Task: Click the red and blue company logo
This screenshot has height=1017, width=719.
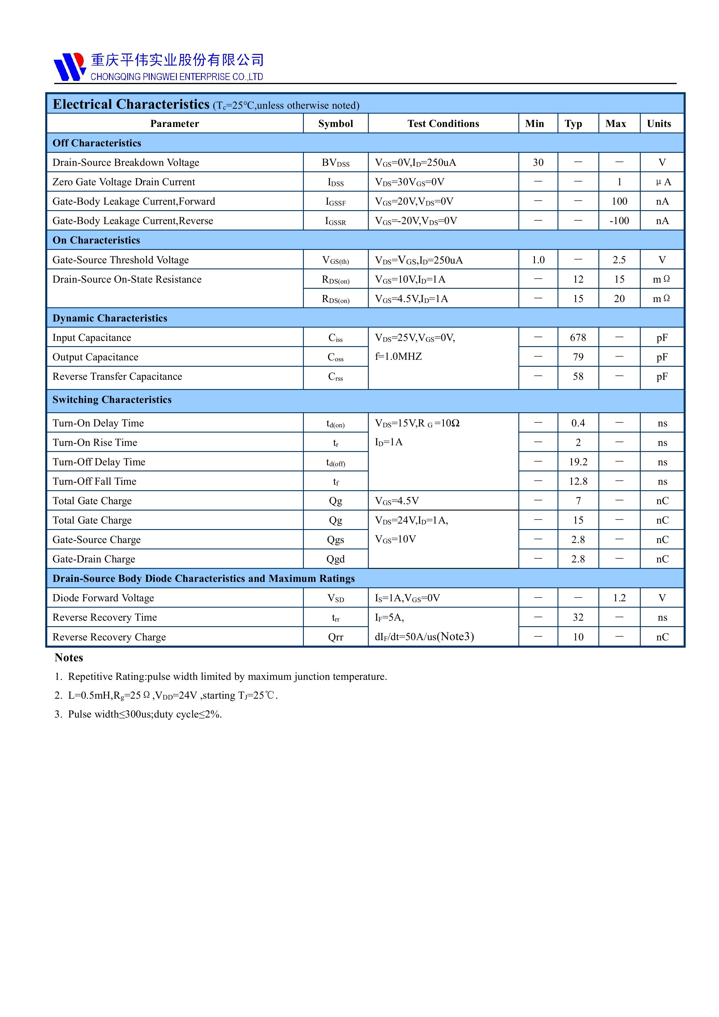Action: [70, 67]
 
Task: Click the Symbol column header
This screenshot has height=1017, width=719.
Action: [335, 124]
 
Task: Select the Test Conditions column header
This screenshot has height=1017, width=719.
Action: [443, 124]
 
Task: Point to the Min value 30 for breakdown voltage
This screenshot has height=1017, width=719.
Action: [538, 163]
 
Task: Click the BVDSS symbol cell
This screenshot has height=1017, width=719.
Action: [335, 163]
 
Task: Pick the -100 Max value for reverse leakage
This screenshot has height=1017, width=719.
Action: [619, 221]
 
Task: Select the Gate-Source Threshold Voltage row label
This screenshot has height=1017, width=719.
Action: [121, 260]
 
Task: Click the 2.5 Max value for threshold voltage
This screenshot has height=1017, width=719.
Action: [619, 260]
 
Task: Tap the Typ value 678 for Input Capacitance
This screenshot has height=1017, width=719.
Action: [578, 337]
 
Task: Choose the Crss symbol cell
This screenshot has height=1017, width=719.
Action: [335, 377]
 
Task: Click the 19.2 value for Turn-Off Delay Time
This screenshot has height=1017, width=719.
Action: [578, 462]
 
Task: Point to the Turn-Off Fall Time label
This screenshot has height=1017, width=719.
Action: [94, 482]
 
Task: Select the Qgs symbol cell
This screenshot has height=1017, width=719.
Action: [335, 540]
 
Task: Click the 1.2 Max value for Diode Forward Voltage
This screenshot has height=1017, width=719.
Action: [619, 598]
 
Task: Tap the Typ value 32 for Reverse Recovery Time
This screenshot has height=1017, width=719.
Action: [578, 618]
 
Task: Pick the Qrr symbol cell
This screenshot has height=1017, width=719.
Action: [335, 637]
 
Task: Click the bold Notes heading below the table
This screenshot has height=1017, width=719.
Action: [69, 658]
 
